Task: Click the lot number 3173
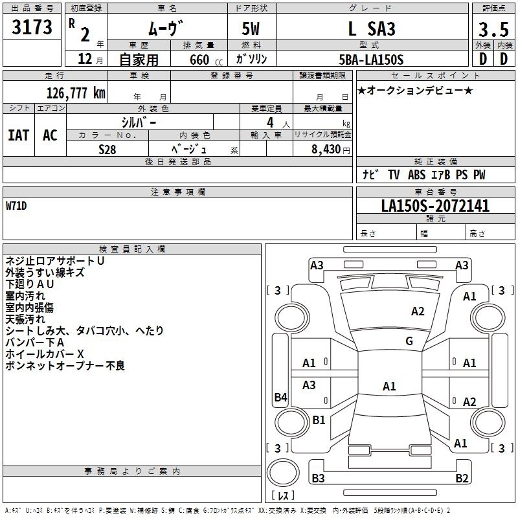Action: (32, 27)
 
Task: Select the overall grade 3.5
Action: (493, 30)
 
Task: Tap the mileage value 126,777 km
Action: (76, 93)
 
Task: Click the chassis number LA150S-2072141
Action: (435, 206)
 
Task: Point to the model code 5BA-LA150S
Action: (371, 60)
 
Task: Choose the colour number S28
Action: (107, 150)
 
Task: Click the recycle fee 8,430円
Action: (331, 150)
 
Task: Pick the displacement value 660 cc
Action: (206, 60)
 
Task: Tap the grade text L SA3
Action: (372, 28)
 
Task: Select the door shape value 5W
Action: (251, 28)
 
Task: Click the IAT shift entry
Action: (19, 135)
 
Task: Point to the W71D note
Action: (16, 206)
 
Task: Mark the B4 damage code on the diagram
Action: (281, 397)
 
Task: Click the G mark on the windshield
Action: (409, 341)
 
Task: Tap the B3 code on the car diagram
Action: (318, 478)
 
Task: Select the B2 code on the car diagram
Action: (462, 478)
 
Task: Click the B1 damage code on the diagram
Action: (319, 420)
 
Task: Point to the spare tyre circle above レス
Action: (283, 473)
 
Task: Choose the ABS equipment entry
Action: (416, 175)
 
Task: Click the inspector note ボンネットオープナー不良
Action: (65, 366)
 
